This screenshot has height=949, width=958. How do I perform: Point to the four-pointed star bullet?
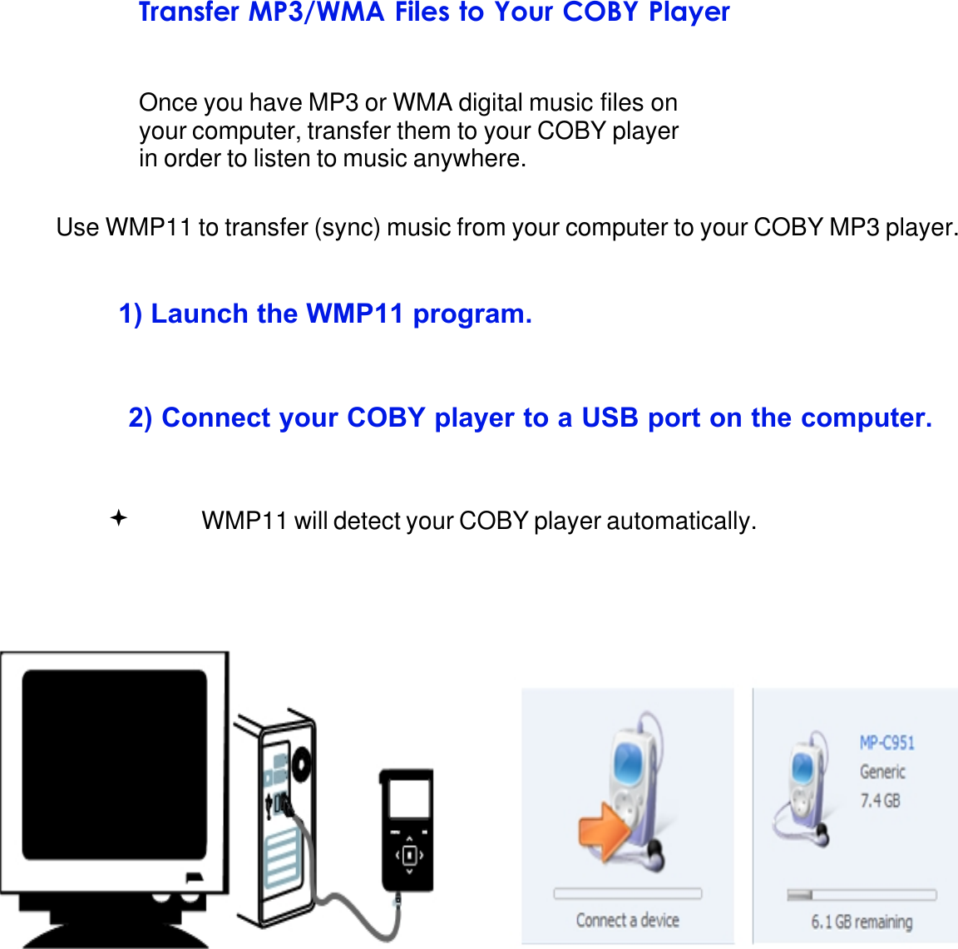tap(119, 519)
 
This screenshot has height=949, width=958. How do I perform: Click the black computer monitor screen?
tap(114, 764)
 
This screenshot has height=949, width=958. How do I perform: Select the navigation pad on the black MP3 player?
tap(408, 855)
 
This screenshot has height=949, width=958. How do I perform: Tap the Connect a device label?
tap(627, 921)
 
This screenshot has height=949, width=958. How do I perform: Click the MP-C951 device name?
tap(886, 743)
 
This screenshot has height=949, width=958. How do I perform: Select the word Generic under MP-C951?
tap(882, 772)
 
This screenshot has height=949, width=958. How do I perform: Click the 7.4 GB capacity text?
tap(880, 801)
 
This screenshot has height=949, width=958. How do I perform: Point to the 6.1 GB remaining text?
tap(862, 922)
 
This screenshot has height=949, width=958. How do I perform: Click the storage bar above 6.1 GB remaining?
tap(862, 895)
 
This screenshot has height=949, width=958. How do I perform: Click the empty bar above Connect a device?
tap(627, 893)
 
